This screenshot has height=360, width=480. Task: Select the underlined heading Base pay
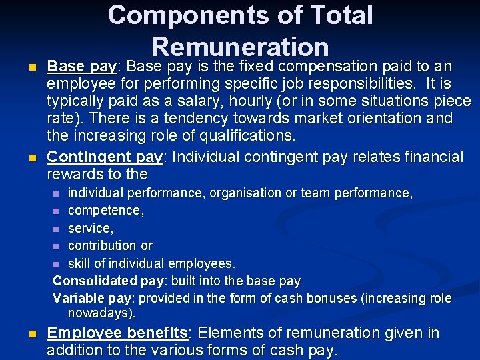(x=82, y=67)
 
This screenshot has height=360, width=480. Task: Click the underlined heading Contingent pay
(x=105, y=157)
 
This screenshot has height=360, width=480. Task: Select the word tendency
(x=183, y=119)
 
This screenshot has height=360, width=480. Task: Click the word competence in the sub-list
(x=104, y=211)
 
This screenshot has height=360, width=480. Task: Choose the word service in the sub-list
(x=91, y=228)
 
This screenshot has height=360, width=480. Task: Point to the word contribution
(x=101, y=245)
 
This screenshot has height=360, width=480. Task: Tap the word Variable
(x=75, y=298)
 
